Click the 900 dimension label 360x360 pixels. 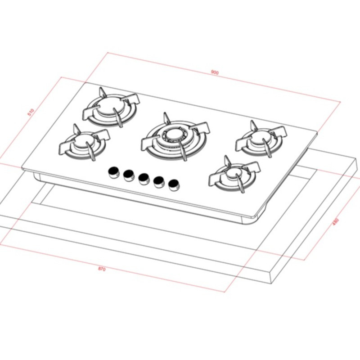pos(214,72)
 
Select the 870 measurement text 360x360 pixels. pos(102,269)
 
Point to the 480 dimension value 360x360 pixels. pos(334,222)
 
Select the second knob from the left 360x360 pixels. pos(129,174)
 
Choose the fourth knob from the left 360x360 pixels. pos(158,181)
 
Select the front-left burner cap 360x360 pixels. pos(84,142)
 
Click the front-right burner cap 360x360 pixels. pos(234,173)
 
